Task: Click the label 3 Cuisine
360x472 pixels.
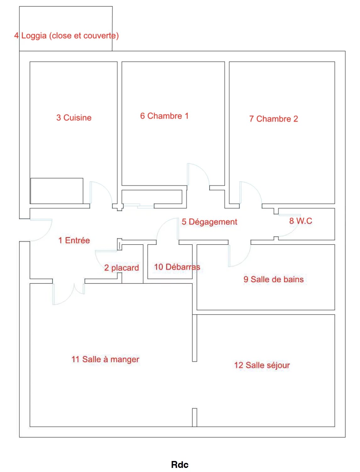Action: click(x=74, y=118)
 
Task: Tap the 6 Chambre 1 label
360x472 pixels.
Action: click(x=164, y=116)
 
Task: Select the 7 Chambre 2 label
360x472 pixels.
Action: click(x=274, y=119)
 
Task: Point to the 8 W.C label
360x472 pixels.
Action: click(x=300, y=221)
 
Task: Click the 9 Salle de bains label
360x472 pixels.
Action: click(x=274, y=279)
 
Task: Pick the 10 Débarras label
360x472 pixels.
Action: click(x=177, y=267)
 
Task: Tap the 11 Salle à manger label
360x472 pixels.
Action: click(x=105, y=359)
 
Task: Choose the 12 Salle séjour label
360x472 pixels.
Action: click(x=262, y=365)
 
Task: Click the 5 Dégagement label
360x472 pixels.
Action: click(x=209, y=222)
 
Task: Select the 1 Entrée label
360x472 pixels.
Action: click(x=74, y=240)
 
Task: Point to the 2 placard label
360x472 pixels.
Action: click(x=122, y=268)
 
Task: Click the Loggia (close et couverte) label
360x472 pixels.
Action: click(x=70, y=36)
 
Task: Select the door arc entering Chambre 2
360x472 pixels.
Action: click(x=256, y=188)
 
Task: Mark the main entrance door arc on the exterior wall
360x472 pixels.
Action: click(x=46, y=235)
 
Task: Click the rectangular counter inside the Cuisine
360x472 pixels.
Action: click(x=57, y=191)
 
